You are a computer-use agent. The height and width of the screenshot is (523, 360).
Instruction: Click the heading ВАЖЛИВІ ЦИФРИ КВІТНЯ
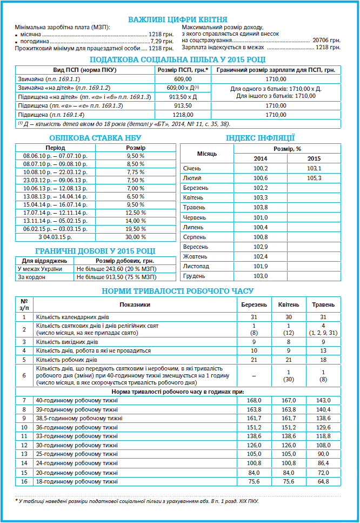point(177,20)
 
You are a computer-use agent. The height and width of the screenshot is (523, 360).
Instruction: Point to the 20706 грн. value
point(326,41)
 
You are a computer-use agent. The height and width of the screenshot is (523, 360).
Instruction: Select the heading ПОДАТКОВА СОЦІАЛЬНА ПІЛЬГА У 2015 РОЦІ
point(177,59)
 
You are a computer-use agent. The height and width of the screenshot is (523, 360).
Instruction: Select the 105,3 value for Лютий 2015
point(314,178)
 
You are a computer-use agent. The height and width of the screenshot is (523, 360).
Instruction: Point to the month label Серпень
point(195,237)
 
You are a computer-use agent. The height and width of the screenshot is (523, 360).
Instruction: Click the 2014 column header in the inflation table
point(260,158)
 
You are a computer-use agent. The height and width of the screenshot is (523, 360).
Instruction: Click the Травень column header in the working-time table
point(323,304)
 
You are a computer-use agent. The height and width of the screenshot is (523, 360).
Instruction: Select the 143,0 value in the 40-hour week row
point(323,400)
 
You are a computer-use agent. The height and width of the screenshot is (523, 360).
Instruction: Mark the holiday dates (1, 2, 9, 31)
point(323,332)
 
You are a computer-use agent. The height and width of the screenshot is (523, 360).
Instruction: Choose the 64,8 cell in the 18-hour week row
point(323,481)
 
